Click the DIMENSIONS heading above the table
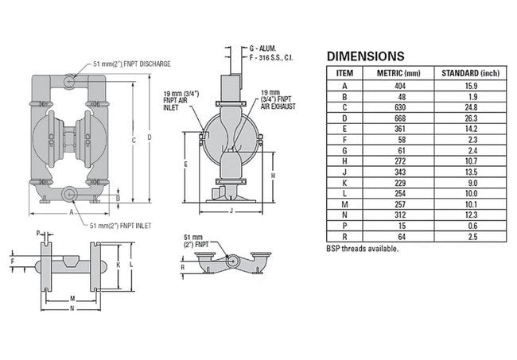tap(366, 56)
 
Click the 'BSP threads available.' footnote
tap(363, 249)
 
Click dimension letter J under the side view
tap(231, 211)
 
